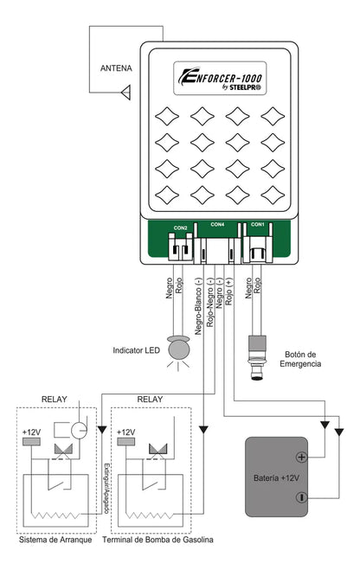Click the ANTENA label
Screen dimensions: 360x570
[116, 68]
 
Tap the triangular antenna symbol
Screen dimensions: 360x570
[126, 93]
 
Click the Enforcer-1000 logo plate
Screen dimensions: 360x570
[220, 78]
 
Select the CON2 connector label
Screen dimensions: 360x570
[180, 228]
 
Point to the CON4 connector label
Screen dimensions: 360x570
[217, 224]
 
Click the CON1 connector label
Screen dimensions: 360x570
[258, 224]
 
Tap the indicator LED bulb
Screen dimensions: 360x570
[178, 349]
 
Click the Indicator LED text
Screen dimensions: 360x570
[137, 350]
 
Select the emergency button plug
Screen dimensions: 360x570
[257, 358]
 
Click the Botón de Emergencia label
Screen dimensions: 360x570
[300, 359]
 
